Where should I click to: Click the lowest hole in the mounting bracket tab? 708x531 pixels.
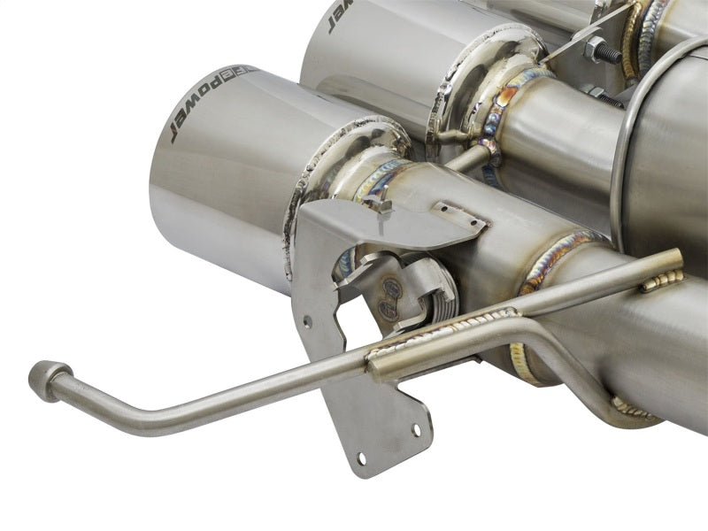[x=361, y=459]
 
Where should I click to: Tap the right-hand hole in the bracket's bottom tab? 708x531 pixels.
[x=416, y=430]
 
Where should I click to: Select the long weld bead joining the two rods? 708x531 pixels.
[x=442, y=335]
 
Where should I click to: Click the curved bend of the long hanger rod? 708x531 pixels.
[x=124, y=412]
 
